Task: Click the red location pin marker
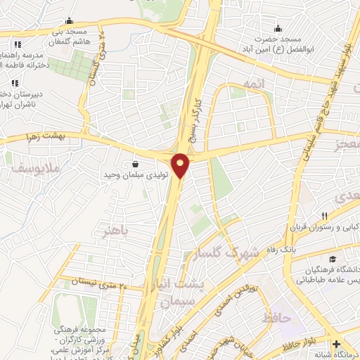181,165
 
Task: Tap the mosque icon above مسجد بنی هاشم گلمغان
67,21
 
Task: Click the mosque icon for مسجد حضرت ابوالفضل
278,29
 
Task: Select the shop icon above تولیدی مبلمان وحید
133,164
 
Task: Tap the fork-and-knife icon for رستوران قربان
324,217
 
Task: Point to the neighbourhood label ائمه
253,84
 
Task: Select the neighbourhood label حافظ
276,318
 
